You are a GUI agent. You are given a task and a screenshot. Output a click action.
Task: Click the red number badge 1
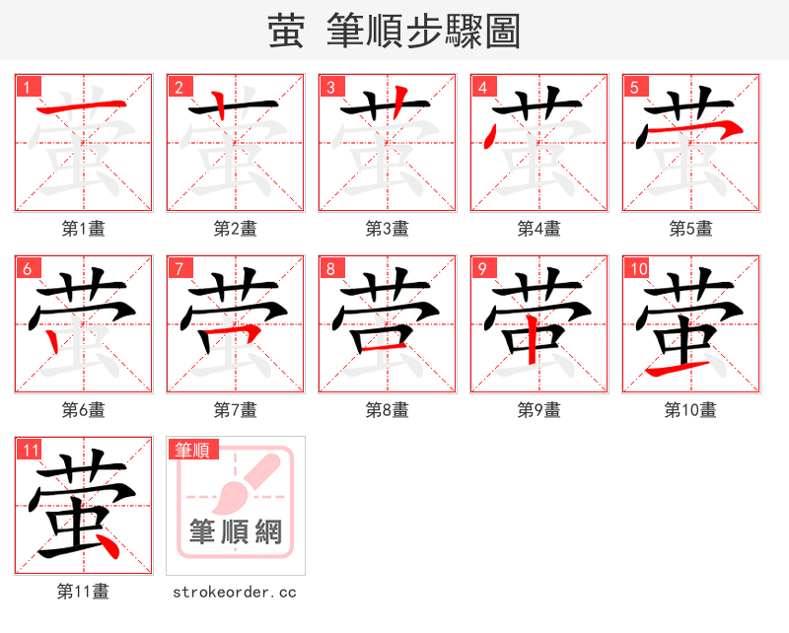(x=28, y=87)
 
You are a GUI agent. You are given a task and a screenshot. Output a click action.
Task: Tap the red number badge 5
(x=635, y=87)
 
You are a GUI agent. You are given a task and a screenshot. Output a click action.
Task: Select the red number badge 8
(x=331, y=268)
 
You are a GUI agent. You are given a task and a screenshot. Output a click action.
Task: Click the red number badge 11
(x=30, y=450)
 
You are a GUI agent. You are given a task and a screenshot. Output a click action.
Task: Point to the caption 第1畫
(x=83, y=229)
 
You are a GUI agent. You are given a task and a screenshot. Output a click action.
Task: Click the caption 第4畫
(x=538, y=229)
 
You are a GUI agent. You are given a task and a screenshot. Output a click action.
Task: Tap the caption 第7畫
(x=235, y=410)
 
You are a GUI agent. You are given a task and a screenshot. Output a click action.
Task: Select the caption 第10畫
(x=690, y=410)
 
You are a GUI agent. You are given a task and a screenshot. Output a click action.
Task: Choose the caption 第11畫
(x=83, y=592)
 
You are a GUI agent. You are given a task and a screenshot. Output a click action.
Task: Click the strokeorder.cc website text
(x=235, y=592)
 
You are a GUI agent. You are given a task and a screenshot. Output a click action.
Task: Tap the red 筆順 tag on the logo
(x=192, y=451)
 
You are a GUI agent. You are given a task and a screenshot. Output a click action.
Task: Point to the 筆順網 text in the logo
(x=236, y=532)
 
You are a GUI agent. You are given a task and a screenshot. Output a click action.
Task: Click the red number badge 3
(x=331, y=87)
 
